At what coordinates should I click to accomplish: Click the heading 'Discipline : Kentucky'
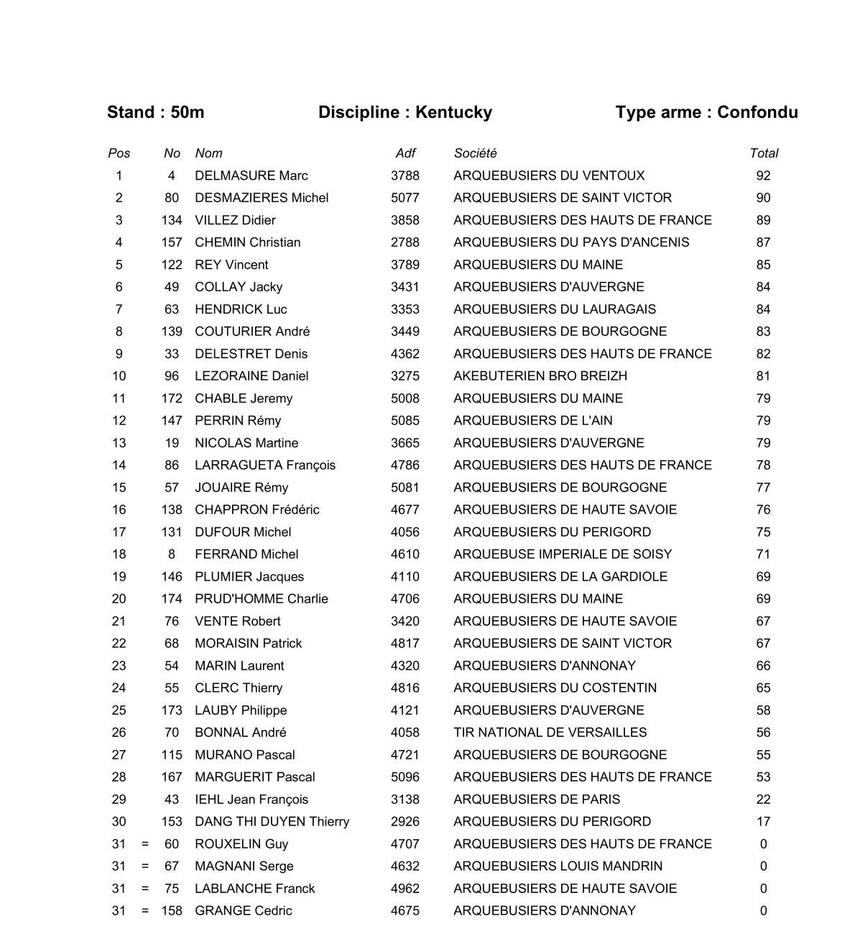405,112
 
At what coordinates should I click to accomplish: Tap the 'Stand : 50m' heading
155,112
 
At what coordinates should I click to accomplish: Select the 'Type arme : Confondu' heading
706,112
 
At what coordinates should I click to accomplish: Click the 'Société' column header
475,153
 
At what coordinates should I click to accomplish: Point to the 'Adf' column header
405,153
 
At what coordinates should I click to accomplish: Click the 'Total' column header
764,153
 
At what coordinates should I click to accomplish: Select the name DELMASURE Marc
251,175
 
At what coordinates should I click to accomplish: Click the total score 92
763,175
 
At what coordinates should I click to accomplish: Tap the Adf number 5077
405,198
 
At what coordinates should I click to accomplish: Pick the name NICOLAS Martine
246,443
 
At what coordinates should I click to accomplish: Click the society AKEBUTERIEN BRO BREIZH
540,376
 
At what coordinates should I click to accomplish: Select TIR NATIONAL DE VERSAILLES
550,732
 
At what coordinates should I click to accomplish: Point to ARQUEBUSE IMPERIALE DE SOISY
563,554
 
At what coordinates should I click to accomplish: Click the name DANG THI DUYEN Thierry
272,821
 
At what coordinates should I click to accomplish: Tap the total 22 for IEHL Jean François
763,799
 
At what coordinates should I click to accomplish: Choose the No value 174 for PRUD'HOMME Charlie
172,599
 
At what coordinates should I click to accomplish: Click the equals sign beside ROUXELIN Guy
145,844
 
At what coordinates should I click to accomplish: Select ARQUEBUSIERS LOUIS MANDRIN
558,866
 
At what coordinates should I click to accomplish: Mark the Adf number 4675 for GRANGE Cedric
405,910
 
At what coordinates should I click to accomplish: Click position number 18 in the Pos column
119,554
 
